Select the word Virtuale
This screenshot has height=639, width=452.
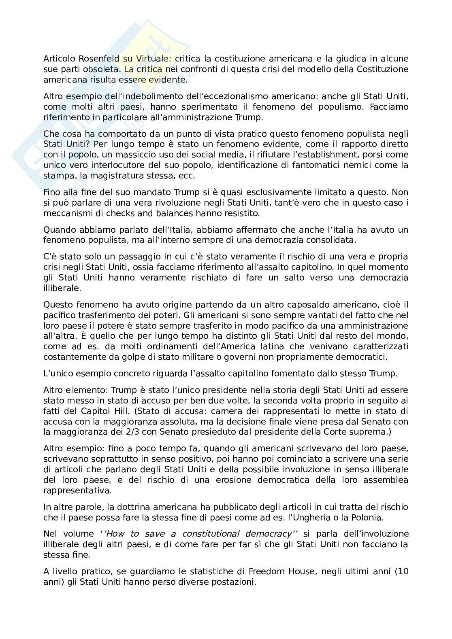click(145, 59)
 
